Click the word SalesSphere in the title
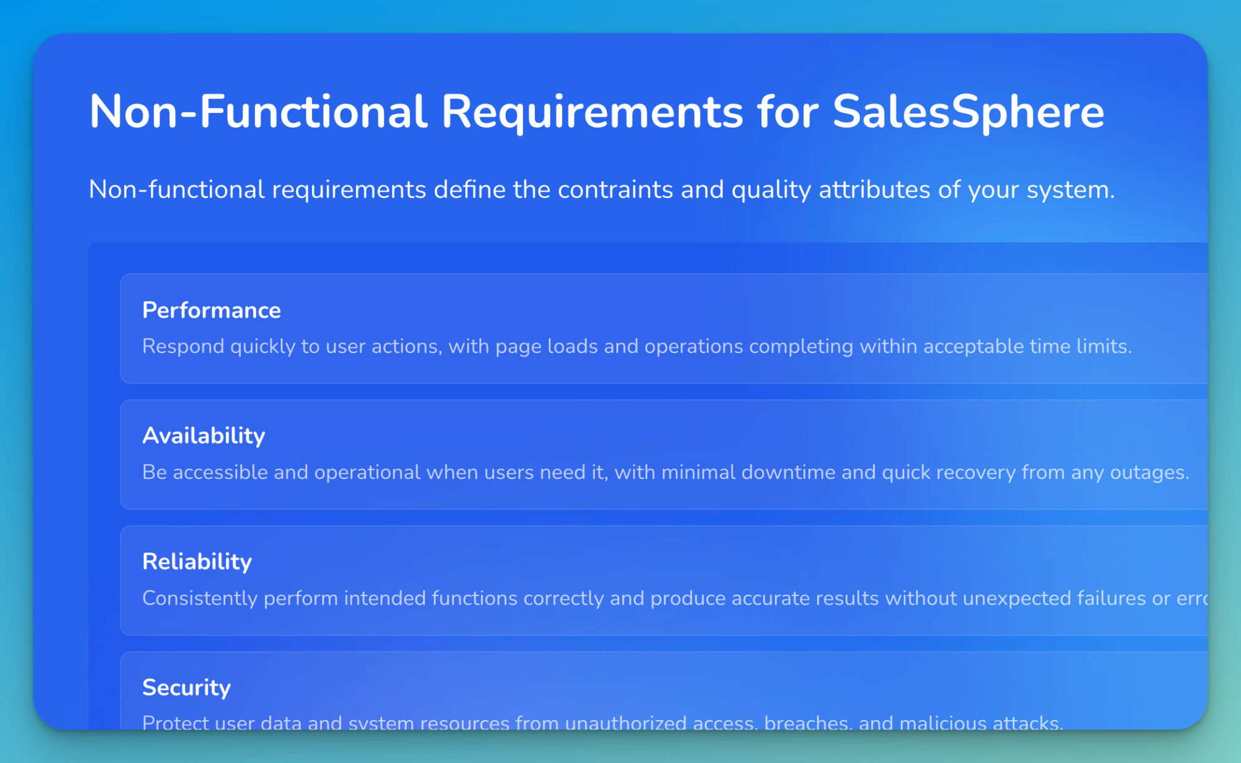[968, 112]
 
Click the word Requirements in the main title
[592, 112]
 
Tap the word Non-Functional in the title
[258, 112]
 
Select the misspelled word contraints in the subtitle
[615, 190]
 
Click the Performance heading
[212, 310]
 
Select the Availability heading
[204, 435]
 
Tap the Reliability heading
[197, 561]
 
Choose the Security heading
[186, 687]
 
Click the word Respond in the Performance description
[183, 346]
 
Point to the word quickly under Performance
[262, 346]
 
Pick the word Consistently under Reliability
[199, 599]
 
